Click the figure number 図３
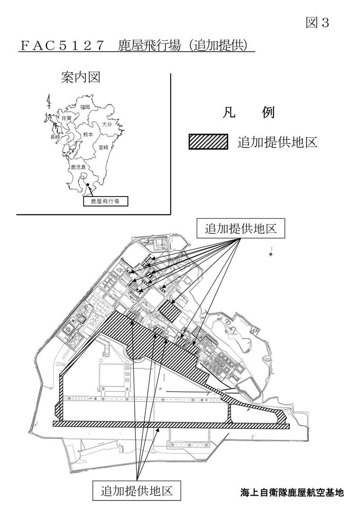[317, 23]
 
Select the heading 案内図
[80, 78]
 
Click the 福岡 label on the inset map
[85, 107]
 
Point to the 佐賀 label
[66, 117]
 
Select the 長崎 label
[55, 137]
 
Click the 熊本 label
[88, 134]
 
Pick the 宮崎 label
[104, 148]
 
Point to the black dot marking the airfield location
[88, 185]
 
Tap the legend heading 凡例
[249, 112]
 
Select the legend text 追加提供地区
[277, 142]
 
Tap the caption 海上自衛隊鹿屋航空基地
[292, 493]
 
